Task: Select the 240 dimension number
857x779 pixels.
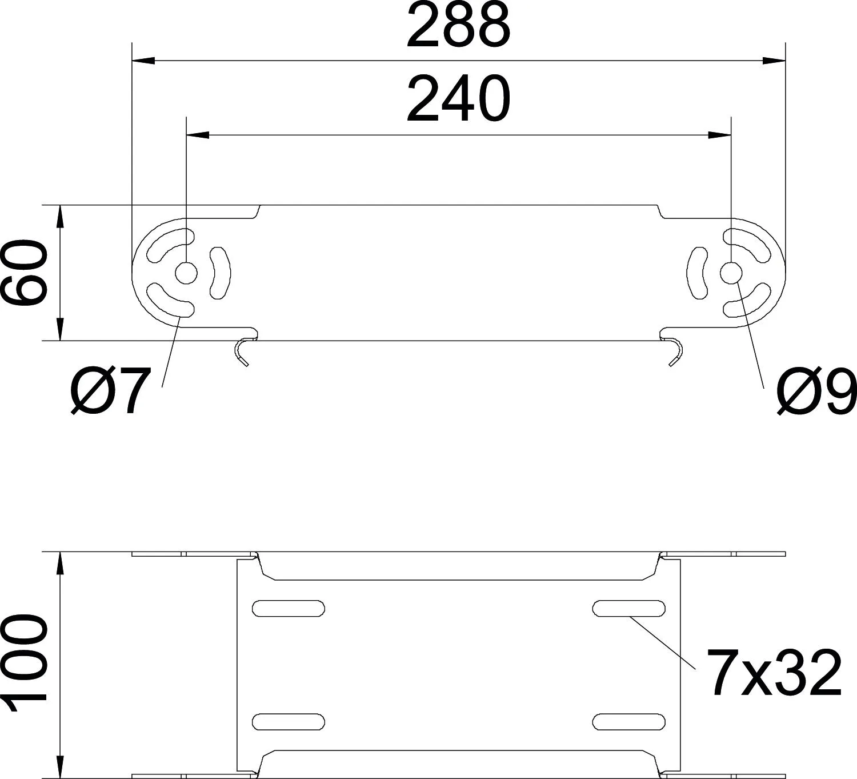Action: [458, 99]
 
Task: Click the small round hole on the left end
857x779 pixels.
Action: [186, 273]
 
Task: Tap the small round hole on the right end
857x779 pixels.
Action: [731, 273]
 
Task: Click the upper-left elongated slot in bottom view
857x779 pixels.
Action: [289, 609]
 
